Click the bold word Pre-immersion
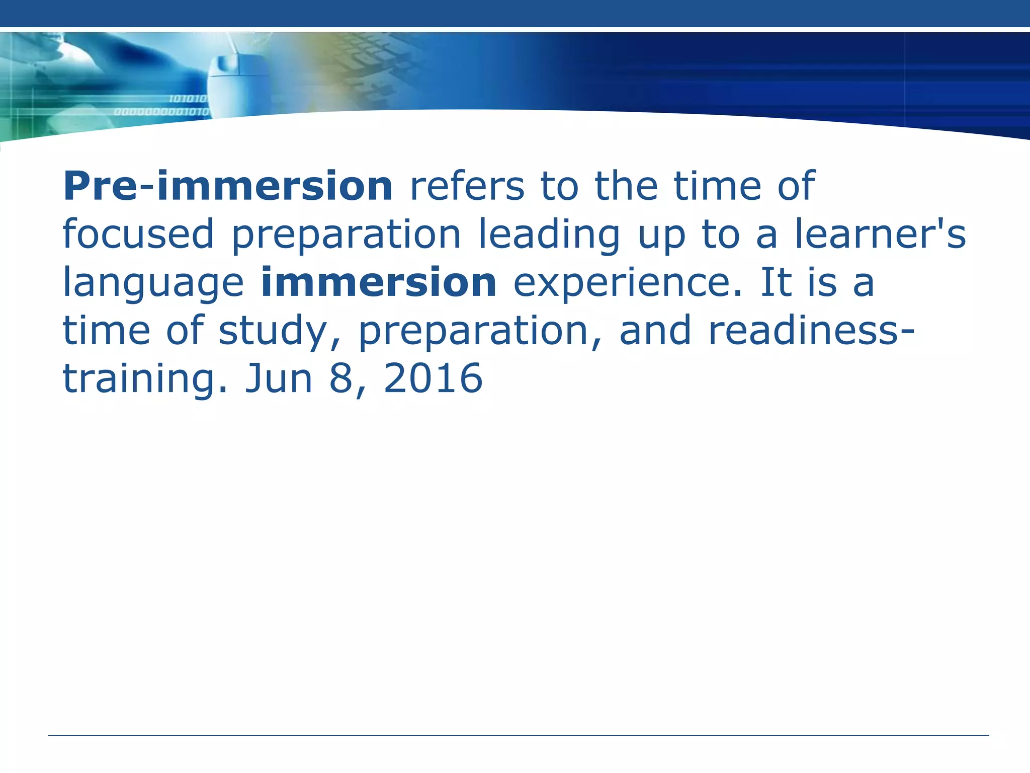(x=227, y=186)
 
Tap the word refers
(x=467, y=186)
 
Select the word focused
(x=138, y=234)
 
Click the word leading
(x=549, y=235)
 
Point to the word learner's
(x=880, y=234)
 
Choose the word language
(x=153, y=283)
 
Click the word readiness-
(x=811, y=331)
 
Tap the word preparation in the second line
(x=346, y=235)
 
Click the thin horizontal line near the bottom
(x=518, y=735)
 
